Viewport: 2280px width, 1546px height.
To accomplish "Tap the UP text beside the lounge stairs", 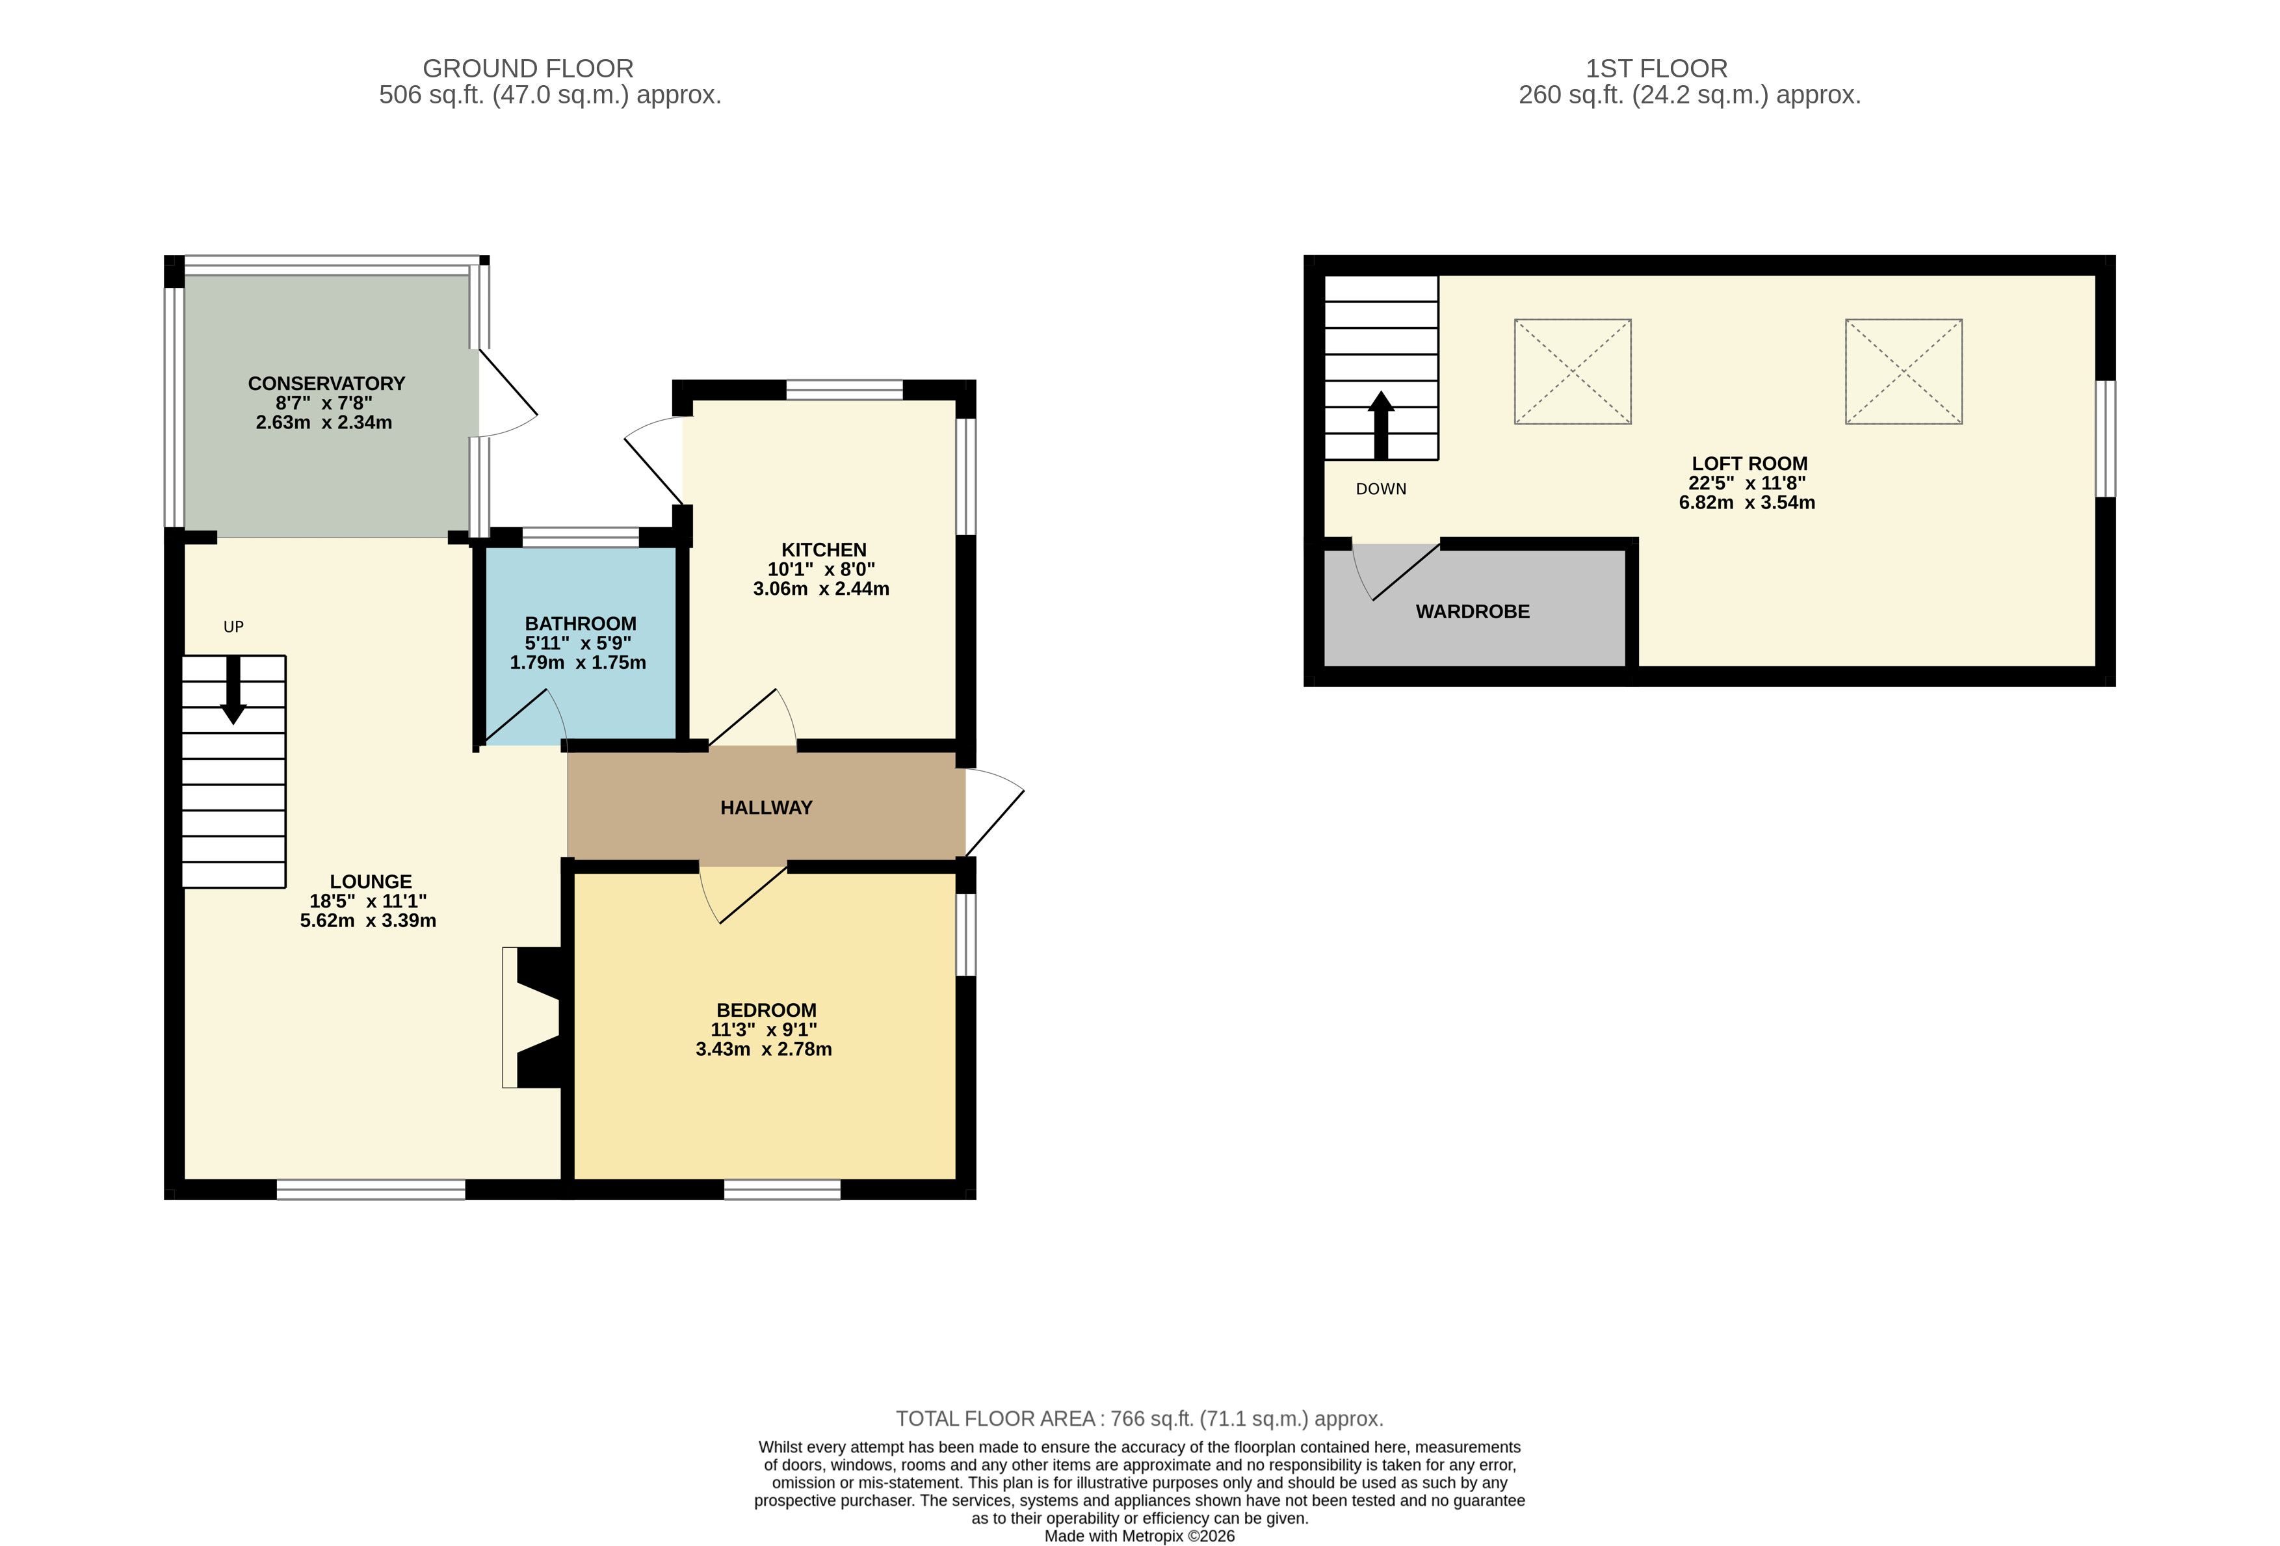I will pyautogui.click(x=233, y=627).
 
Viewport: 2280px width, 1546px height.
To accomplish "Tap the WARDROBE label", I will pyautogui.click(x=1472, y=611).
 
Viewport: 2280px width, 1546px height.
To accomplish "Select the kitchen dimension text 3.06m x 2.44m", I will pyautogui.click(x=821, y=588).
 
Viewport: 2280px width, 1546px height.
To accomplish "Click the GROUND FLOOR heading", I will pyautogui.click(x=528, y=69).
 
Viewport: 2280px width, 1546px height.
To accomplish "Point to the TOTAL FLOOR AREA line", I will pyautogui.click(x=1139, y=1419).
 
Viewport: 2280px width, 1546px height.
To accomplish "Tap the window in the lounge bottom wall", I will pyautogui.click(x=371, y=1190).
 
